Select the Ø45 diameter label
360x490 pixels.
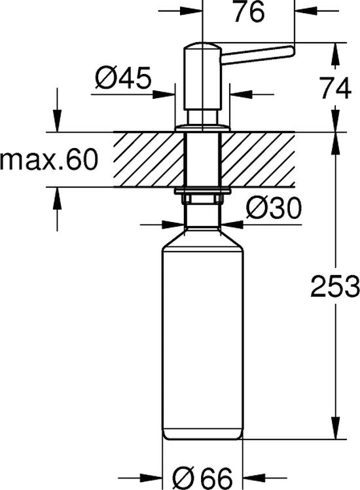[x=123, y=80]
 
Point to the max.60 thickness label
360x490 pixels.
[x=48, y=159]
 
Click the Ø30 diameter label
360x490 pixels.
[x=273, y=209]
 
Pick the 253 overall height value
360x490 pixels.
[x=334, y=286]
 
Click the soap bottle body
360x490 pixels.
[x=203, y=341]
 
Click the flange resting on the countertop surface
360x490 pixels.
[x=203, y=126]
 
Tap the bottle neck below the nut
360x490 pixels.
[x=203, y=213]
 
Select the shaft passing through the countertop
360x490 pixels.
[x=203, y=159]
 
